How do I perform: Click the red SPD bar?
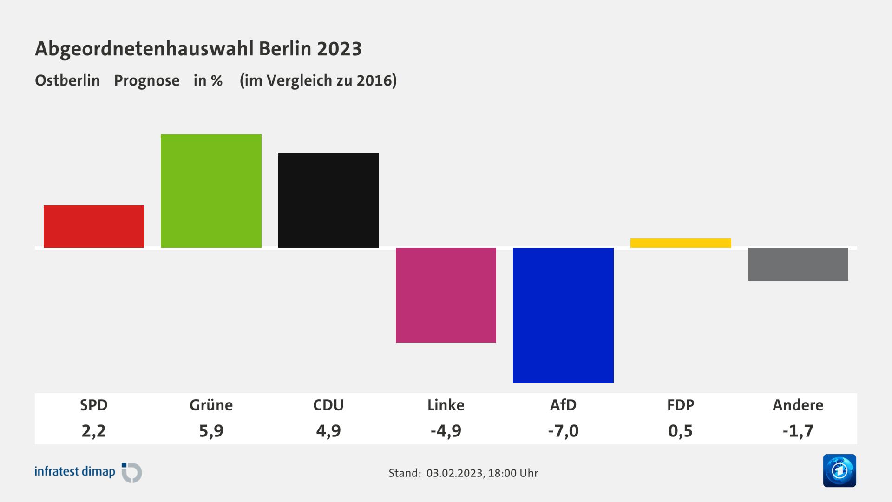click(94, 226)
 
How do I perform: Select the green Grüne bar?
click(211, 191)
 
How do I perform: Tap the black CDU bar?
click(328, 200)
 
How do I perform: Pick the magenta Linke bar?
click(446, 295)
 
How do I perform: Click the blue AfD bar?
click(563, 315)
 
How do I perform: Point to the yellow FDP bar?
click(681, 243)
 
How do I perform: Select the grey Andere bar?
click(798, 264)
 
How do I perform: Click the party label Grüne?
click(211, 405)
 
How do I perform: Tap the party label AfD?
click(563, 405)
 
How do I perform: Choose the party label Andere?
click(798, 405)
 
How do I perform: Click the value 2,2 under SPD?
click(94, 431)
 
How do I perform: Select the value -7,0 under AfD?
click(563, 431)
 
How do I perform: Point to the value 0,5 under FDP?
click(681, 431)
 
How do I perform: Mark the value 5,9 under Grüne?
click(211, 431)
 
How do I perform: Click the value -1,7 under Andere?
click(798, 431)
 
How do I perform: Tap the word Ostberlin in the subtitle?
click(67, 80)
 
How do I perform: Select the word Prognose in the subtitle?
click(147, 80)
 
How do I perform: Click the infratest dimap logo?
click(88, 472)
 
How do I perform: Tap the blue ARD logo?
click(839, 470)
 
